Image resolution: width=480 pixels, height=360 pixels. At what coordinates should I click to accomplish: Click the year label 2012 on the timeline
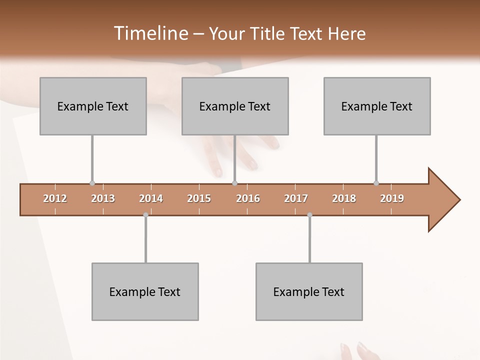tap(55, 198)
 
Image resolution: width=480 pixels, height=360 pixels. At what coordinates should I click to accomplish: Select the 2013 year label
tap(103, 198)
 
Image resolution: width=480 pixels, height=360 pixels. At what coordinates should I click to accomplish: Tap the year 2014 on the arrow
tap(151, 198)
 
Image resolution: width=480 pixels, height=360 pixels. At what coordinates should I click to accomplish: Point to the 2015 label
tap(199, 198)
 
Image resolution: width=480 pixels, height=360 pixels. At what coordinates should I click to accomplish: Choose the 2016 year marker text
tap(248, 198)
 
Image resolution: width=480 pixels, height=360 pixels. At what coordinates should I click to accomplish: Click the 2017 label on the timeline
tap(296, 198)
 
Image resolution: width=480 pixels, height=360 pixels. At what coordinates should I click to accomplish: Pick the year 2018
tap(344, 198)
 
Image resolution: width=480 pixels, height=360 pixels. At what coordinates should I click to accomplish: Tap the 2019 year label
tap(392, 198)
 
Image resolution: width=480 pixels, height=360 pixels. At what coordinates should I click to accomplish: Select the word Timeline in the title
tap(150, 33)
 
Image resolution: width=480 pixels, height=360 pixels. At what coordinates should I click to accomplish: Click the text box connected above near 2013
tap(93, 106)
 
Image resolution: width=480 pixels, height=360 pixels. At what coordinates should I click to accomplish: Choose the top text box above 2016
tap(235, 106)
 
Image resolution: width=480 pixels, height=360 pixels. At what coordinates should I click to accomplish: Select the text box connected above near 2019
tap(377, 106)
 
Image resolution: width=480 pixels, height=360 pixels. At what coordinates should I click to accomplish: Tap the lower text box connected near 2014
tap(145, 291)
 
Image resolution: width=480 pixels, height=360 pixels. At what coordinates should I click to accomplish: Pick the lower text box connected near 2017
tap(309, 291)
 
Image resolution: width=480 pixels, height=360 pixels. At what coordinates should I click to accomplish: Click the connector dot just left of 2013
tap(92, 183)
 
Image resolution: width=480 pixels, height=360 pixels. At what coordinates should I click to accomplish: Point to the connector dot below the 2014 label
tap(145, 215)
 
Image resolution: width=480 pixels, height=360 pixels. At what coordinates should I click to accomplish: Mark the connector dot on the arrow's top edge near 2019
tap(376, 183)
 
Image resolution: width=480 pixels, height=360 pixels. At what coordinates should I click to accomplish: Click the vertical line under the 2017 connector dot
tap(309, 240)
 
